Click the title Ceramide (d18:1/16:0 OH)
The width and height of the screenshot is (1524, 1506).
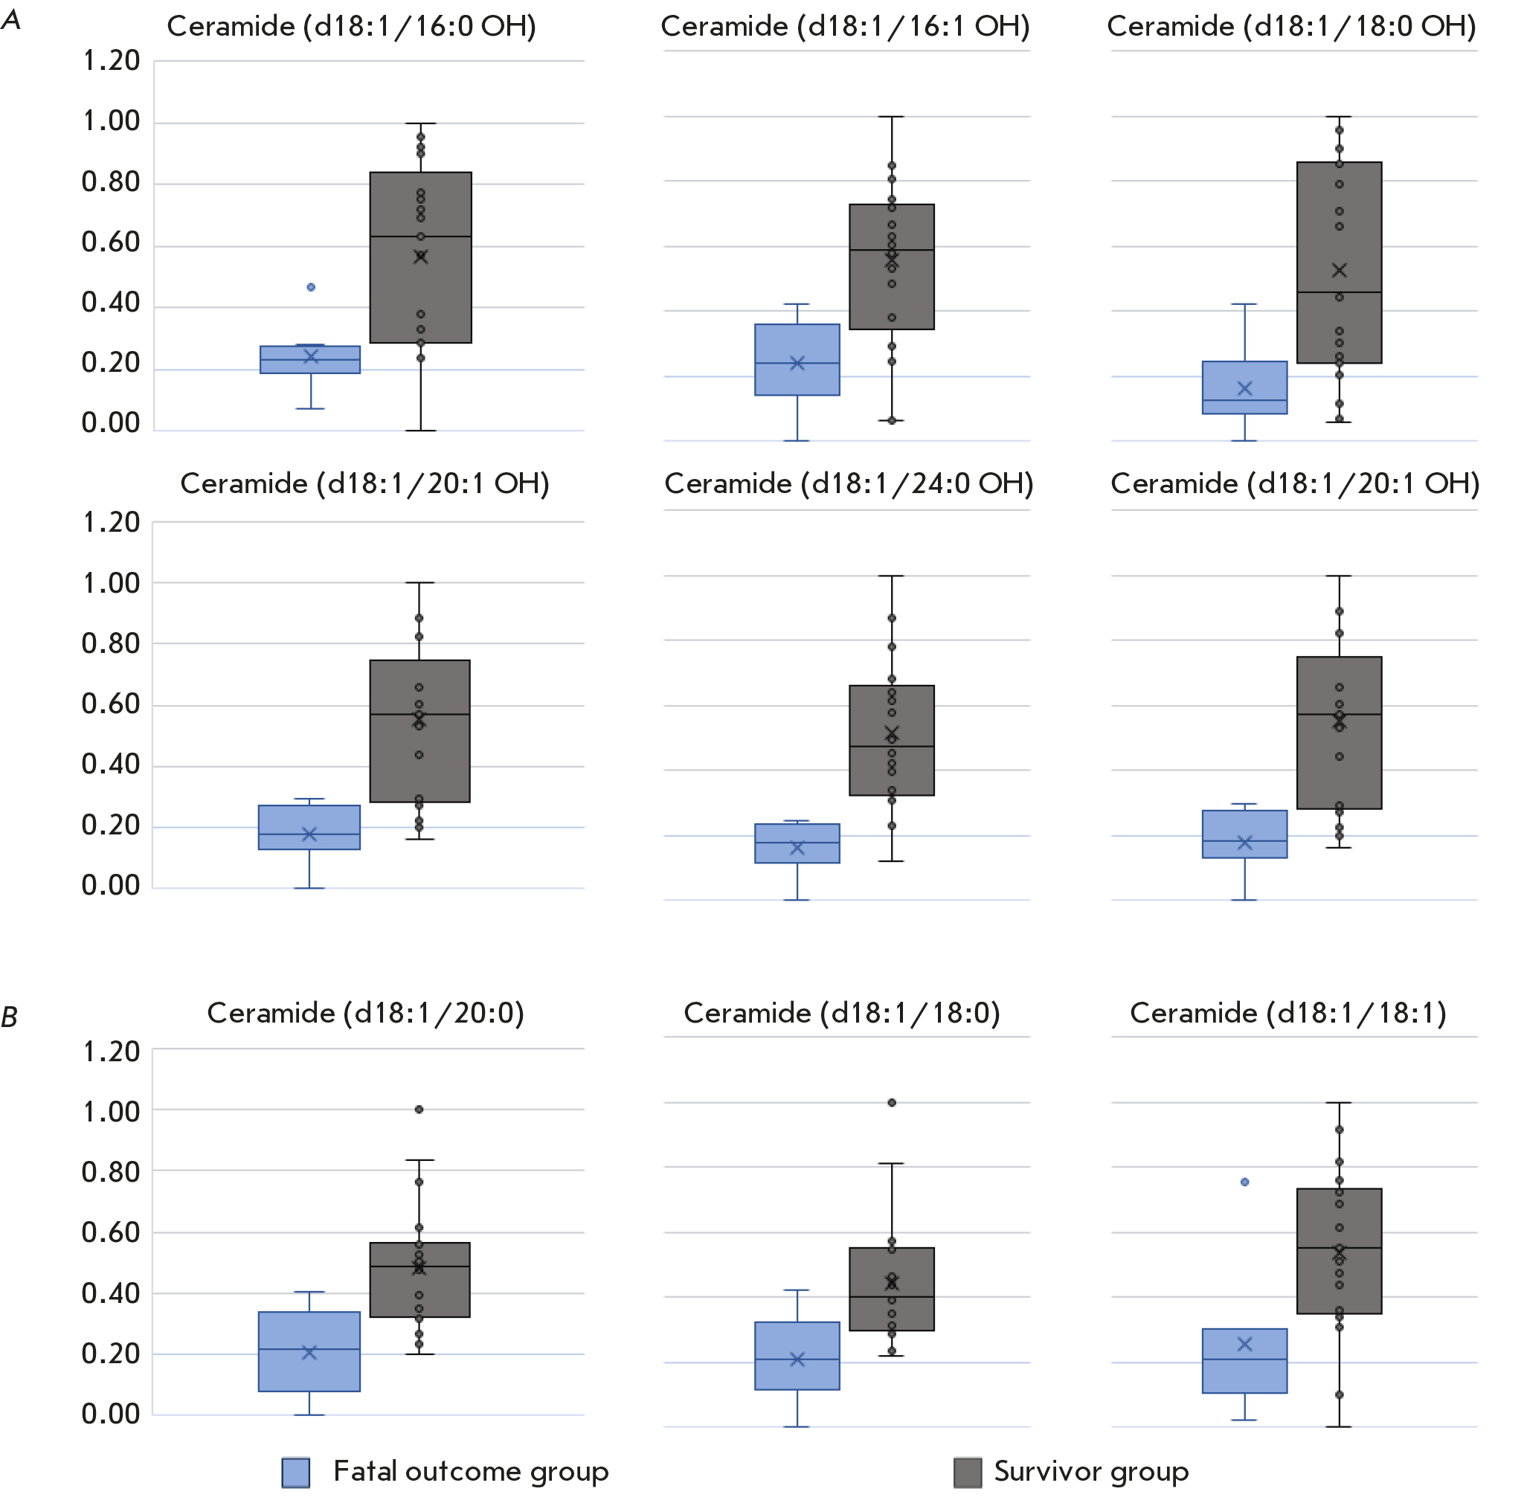point(352,26)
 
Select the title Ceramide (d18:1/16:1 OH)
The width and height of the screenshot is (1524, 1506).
point(845,26)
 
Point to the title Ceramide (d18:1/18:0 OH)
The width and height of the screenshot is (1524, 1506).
point(1291,26)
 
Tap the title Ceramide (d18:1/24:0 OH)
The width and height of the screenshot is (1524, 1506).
point(849,483)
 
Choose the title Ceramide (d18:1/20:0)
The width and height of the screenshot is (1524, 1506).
point(365,1013)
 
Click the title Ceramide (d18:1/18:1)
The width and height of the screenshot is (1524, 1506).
point(1288,1013)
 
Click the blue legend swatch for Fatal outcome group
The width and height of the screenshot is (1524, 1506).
point(296,1473)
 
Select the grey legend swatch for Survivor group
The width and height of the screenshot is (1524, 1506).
point(967,1473)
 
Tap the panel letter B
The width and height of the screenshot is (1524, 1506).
point(10,1018)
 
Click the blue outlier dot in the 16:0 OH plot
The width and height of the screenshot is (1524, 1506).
point(311,287)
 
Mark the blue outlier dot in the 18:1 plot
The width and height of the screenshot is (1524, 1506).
point(1245,1182)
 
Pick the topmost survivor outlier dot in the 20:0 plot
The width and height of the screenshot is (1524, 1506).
point(419,1109)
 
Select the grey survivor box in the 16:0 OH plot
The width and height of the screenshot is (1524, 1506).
point(420,257)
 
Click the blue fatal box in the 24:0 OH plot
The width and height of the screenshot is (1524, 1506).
point(797,843)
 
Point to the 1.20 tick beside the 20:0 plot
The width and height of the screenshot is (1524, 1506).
point(112,1052)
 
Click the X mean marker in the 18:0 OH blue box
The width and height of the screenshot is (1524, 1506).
point(1245,388)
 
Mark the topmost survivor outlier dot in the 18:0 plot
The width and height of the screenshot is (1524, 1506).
point(891,1103)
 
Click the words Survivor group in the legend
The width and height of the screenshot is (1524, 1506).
point(1091,1472)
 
